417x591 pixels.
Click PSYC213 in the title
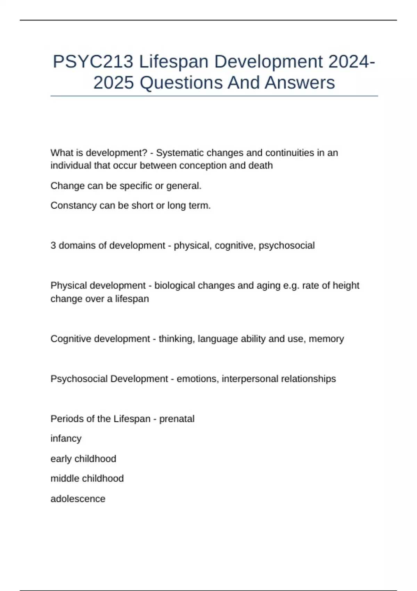pyautogui.click(x=93, y=62)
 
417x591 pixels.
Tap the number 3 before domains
pyautogui.click(x=53, y=245)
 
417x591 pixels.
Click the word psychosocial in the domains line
pyautogui.click(x=287, y=245)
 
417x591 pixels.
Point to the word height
pyautogui.click(x=346, y=285)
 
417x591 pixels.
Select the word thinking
pyautogui.click(x=177, y=339)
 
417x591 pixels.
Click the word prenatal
pyautogui.click(x=177, y=419)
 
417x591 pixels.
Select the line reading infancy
pyautogui.click(x=66, y=439)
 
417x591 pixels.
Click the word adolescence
pyautogui.click(x=78, y=499)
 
